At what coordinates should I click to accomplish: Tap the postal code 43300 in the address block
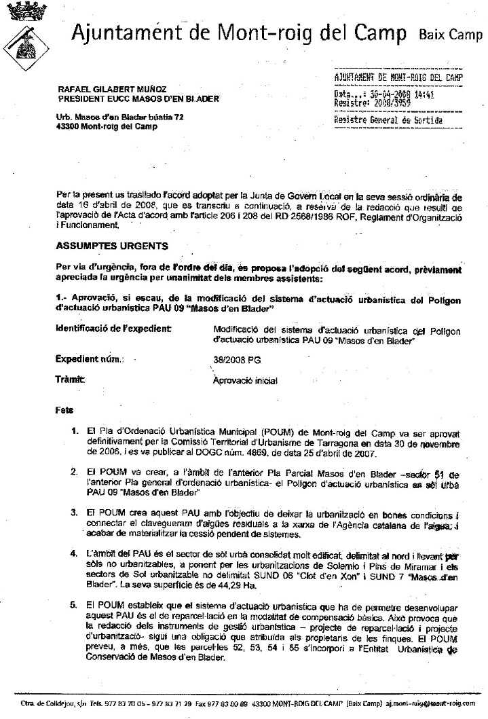(69, 126)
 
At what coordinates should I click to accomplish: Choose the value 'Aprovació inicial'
(245, 381)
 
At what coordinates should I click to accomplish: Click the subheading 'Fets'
(64, 410)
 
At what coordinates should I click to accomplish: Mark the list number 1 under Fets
(75, 431)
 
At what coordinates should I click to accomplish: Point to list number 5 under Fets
(75, 604)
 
